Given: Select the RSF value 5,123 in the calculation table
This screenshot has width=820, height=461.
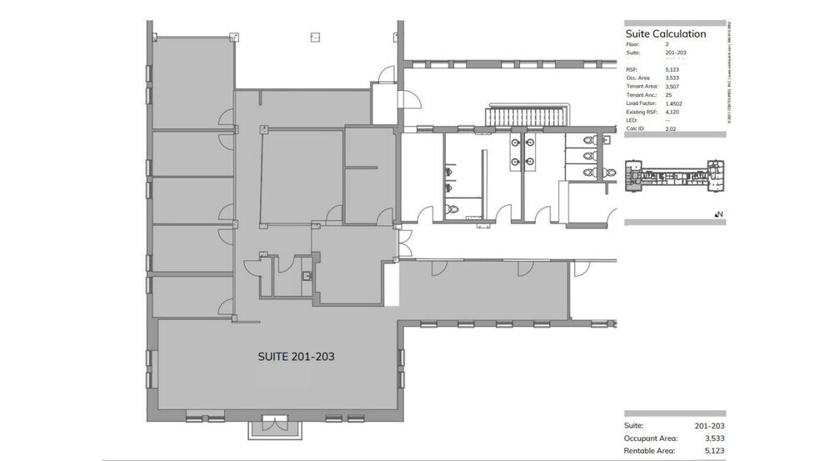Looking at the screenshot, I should (x=672, y=69).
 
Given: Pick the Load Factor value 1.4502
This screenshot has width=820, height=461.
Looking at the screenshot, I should (x=673, y=103).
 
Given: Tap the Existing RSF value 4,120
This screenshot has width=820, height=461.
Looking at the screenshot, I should (x=672, y=113).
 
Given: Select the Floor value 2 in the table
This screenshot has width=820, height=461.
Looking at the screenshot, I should (x=667, y=43).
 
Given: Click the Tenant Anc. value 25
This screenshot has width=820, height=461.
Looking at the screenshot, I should (x=669, y=95).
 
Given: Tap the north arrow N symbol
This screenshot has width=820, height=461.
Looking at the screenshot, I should (x=718, y=214).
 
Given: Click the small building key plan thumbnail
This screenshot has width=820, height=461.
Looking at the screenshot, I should (x=676, y=173).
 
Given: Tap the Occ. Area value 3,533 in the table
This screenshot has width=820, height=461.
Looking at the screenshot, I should (x=672, y=78).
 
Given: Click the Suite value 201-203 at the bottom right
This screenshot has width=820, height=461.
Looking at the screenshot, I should (x=707, y=425).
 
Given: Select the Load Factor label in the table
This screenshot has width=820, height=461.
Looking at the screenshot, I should (x=641, y=104).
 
